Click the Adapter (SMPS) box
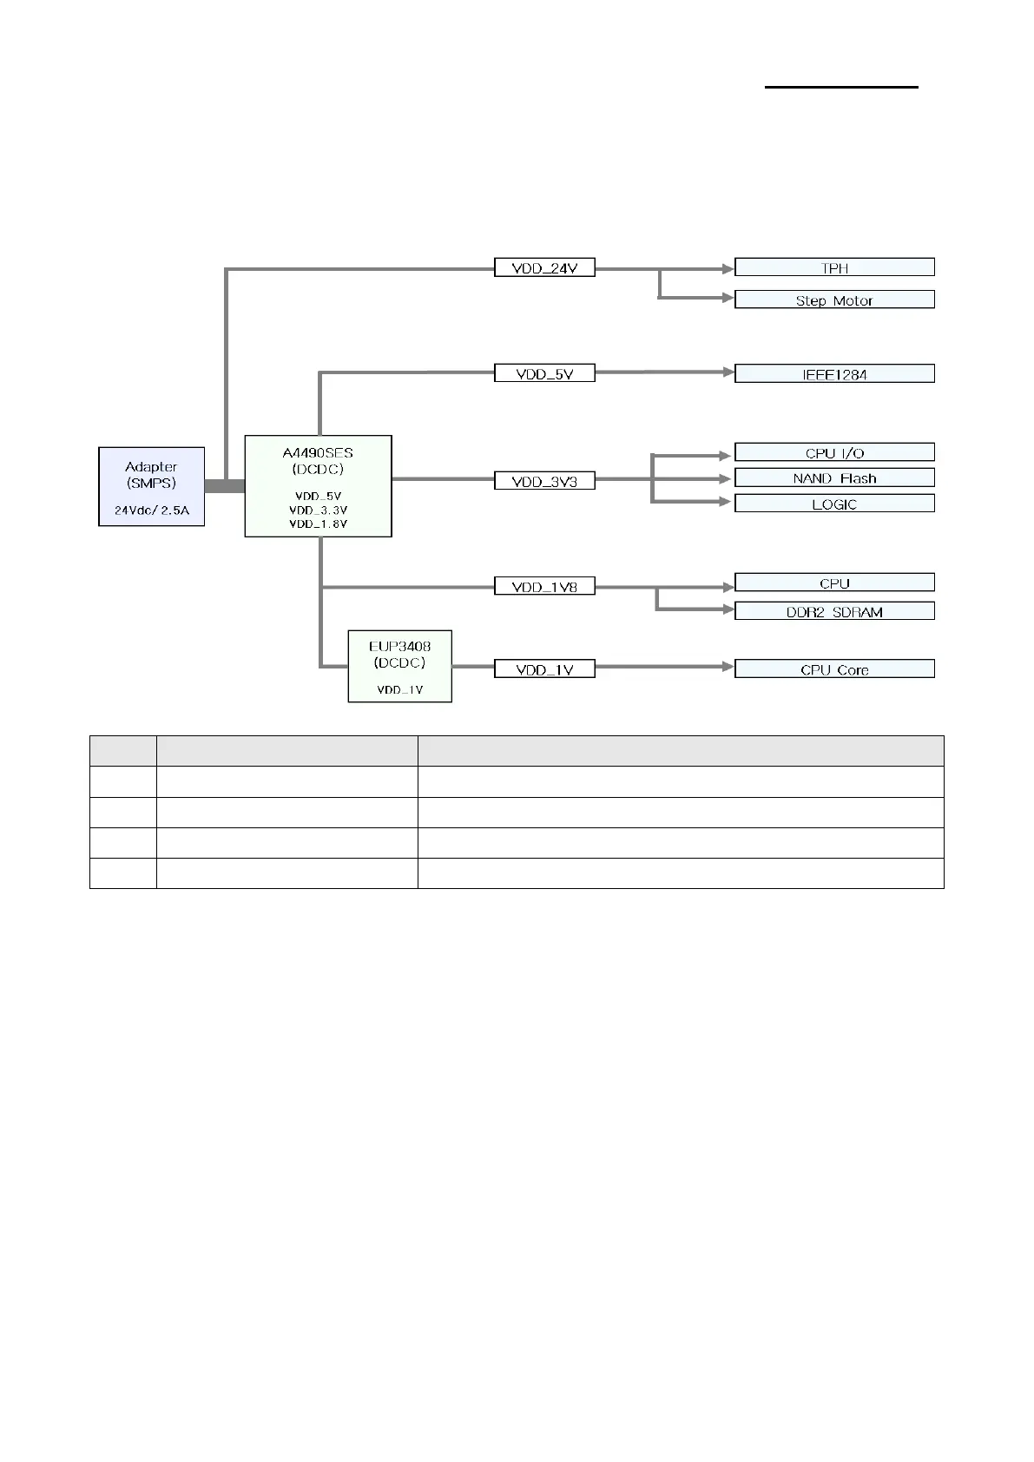(x=151, y=485)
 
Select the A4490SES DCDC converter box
(x=318, y=485)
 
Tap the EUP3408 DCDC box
(x=399, y=665)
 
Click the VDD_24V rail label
(x=544, y=267)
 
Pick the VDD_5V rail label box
(x=544, y=373)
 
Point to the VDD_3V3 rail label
(x=544, y=480)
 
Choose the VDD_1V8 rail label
(x=544, y=586)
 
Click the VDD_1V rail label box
(x=544, y=668)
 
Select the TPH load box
(x=834, y=267)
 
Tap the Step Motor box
(x=834, y=300)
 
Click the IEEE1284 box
(x=834, y=373)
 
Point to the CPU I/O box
(x=834, y=451)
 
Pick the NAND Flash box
(x=834, y=477)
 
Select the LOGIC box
(x=834, y=504)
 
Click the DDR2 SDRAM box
(x=834, y=611)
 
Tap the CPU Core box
(x=834, y=668)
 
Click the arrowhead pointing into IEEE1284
(x=728, y=372)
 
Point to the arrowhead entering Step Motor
(x=728, y=298)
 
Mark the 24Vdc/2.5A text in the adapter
(x=151, y=510)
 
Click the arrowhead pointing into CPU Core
(x=728, y=667)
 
